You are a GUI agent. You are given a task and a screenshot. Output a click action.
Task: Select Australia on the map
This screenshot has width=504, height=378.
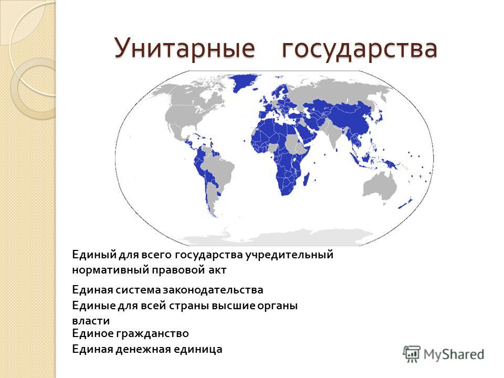pyautogui.click(x=380, y=186)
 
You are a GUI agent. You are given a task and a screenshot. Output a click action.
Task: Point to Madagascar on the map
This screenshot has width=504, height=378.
pyautogui.click(x=306, y=180)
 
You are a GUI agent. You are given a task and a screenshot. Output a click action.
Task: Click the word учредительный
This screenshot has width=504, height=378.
pyautogui.click(x=289, y=255)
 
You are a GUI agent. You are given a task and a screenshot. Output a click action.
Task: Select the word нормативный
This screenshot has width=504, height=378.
pyautogui.click(x=110, y=270)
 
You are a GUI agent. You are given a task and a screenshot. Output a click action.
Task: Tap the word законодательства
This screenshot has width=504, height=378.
pyautogui.click(x=213, y=290)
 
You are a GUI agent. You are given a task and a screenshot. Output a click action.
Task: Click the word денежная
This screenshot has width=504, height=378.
pyautogui.click(x=143, y=350)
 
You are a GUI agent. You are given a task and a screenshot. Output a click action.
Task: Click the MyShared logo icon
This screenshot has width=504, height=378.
pyautogui.click(x=412, y=354)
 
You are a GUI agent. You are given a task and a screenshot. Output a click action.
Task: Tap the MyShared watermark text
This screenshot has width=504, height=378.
pyautogui.click(x=454, y=354)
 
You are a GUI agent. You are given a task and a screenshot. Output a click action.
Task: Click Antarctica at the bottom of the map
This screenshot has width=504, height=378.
pyautogui.click(x=273, y=238)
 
